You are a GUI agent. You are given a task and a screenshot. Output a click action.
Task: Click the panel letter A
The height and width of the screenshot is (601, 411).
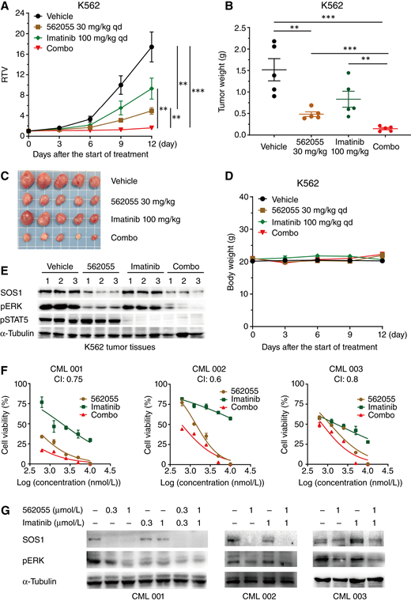[x=6, y=7]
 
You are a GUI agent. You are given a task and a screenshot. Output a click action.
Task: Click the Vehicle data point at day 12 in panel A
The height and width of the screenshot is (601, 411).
[x=152, y=47]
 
